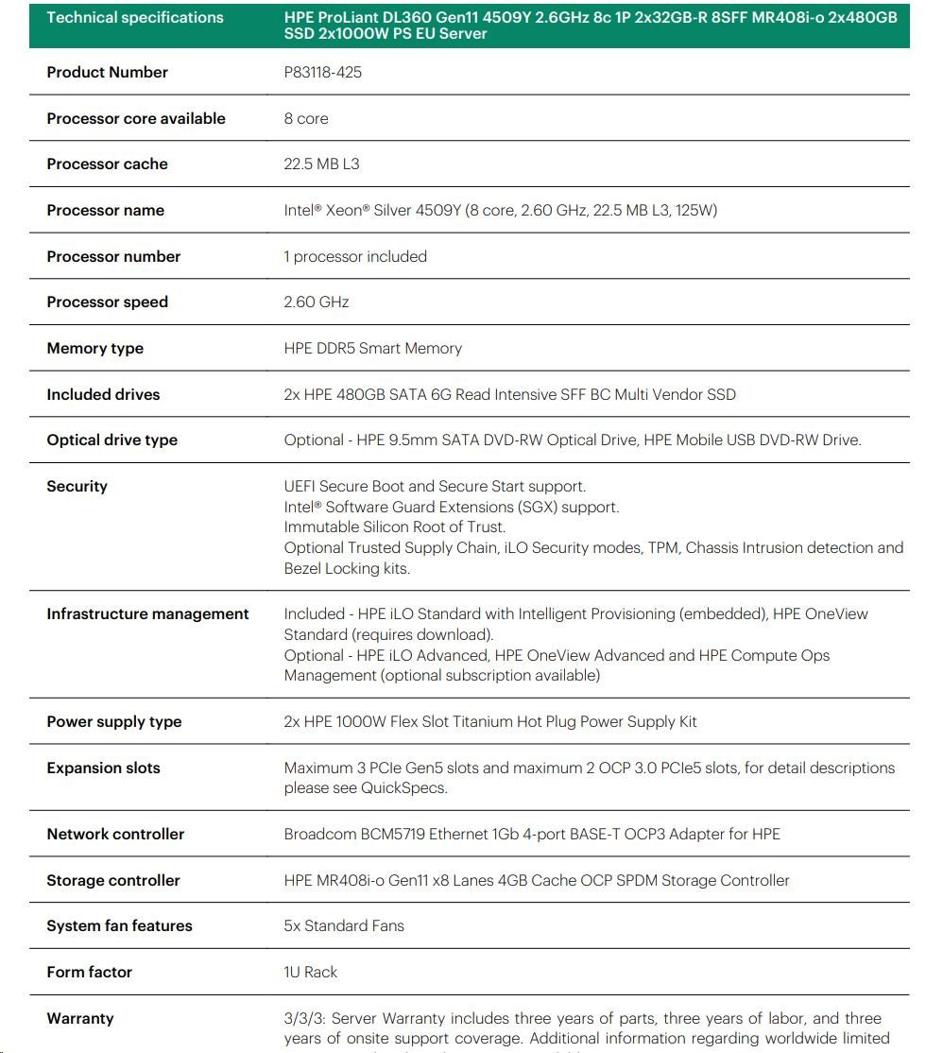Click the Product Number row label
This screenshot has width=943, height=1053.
(107, 73)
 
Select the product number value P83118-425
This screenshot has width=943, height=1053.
(322, 73)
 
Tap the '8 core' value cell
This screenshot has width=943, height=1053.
(306, 119)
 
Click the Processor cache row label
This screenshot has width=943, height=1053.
(107, 164)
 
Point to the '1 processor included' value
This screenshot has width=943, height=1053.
(355, 257)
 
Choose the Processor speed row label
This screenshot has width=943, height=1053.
(107, 302)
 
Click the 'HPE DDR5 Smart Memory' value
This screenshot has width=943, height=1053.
(372, 349)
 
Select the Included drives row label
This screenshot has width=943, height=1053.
(103, 395)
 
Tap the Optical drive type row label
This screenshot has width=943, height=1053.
(111, 440)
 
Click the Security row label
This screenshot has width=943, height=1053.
(77, 487)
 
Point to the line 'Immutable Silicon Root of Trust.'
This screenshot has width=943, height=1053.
(394, 527)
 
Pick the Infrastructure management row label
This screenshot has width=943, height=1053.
(147, 614)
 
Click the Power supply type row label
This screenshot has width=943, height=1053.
(113, 722)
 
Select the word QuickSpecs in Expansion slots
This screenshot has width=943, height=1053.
(403, 788)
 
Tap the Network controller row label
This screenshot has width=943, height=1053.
(115, 835)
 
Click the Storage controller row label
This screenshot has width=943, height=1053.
(112, 881)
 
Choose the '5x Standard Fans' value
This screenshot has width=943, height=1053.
(344, 926)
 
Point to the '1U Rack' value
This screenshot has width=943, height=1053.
(310, 973)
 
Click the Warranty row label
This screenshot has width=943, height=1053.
(79, 1019)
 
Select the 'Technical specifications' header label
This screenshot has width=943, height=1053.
(135, 18)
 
